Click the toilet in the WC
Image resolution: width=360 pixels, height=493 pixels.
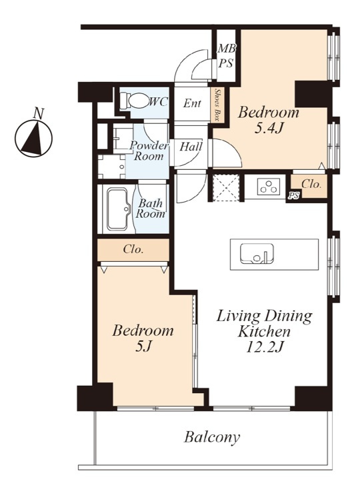click(x=135, y=101)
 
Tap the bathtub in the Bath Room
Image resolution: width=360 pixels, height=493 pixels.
click(x=118, y=209)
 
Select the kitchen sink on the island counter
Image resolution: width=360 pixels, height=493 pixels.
click(x=257, y=253)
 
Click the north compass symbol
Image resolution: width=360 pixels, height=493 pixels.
click(x=34, y=139)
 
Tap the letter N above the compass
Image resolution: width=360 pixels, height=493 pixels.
click(x=39, y=113)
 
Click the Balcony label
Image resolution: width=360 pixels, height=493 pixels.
click(x=212, y=437)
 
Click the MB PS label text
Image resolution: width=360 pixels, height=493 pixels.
click(x=226, y=56)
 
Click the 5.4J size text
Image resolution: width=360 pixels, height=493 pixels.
click(x=268, y=129)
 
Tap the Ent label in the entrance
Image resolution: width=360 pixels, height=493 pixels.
click(x=192, y=103)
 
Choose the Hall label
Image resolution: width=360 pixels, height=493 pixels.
click(x=191, y=147)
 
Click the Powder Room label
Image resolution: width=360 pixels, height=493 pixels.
click(x=149, y=151)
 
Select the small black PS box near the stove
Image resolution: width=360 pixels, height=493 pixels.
click(x=293, y=196)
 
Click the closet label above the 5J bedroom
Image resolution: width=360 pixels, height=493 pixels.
click(x=133, y=250)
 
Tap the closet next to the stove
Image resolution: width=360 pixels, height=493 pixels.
click(x=309, y=186)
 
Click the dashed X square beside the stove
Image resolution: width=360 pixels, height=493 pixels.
click(x=226, y=187)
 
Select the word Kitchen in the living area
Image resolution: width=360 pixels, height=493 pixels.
click(x=264, y=331)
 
